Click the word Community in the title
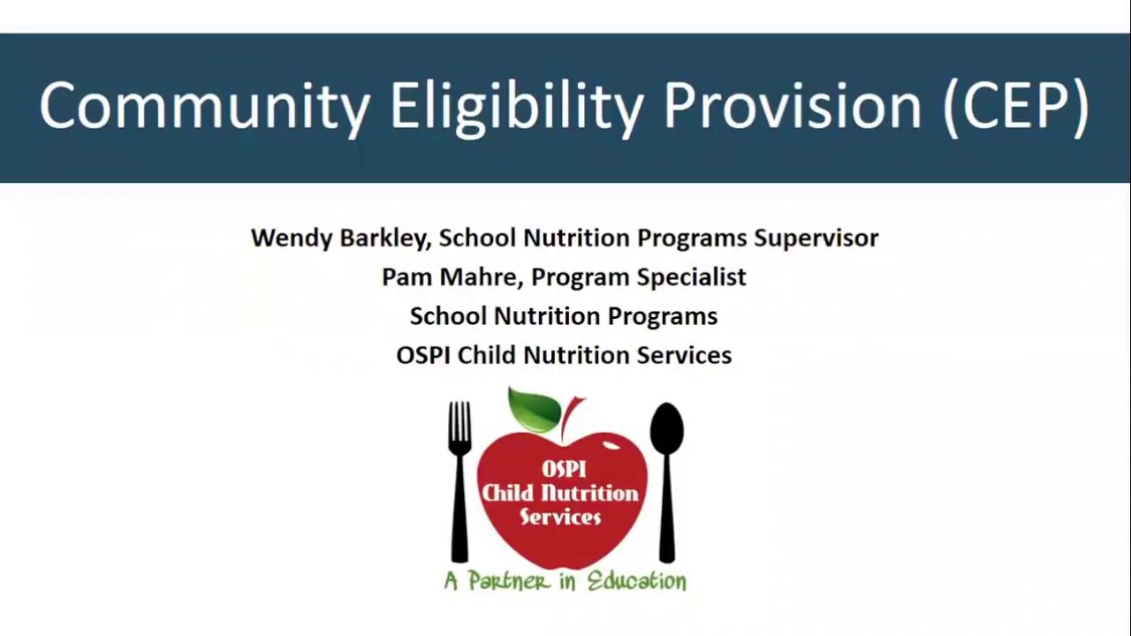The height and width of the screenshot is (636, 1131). click(204, 107)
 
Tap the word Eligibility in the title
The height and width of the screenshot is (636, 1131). click(516, 107)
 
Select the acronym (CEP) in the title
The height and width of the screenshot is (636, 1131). click(1016, 107)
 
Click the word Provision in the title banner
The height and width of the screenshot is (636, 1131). click(793, 107)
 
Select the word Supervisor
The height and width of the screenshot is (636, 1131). click(816, 238)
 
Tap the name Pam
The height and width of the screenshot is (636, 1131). click(402, 276)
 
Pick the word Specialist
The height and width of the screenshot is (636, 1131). click(691, 276)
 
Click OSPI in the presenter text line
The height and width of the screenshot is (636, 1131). click(423, 354)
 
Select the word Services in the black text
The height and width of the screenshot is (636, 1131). click(684, 354)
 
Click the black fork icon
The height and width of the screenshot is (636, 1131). click(459, 481)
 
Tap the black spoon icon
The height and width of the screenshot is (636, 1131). click(666, 481)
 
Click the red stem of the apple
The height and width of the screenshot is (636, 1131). click(570, 415)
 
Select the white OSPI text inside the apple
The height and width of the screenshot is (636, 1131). click(564, 469)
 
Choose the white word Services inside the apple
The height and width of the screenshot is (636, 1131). click(560, 517)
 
